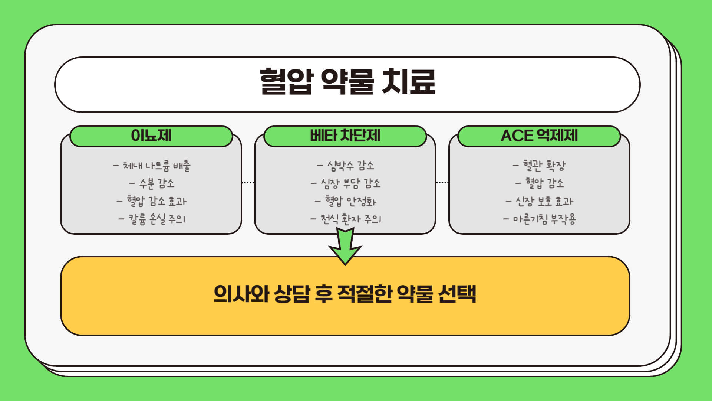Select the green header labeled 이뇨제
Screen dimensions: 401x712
point(151,136)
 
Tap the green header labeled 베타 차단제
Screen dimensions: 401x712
point(345,136)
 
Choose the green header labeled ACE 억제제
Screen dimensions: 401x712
point(539,136)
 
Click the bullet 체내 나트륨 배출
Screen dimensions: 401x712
point(152,166)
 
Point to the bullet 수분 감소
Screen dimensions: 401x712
point(152,183)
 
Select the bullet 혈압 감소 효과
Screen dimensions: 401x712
point(152,201)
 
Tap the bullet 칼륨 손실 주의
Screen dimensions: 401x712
point(152,219)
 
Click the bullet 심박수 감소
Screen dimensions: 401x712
point(346,166)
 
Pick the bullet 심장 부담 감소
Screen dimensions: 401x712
point(346,183)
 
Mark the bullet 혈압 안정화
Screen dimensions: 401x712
point(346,201)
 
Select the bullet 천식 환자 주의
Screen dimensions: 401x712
point(346,219)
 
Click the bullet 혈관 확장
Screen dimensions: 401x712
point(540,166)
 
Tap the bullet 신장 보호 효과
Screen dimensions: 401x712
point(540,201)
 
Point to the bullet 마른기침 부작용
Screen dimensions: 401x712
point(540,219)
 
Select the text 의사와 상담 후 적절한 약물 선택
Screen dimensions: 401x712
point(345,294)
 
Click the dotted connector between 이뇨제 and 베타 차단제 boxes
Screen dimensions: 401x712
point(248,183)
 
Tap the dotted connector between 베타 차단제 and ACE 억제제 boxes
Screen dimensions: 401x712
point(442,183)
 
